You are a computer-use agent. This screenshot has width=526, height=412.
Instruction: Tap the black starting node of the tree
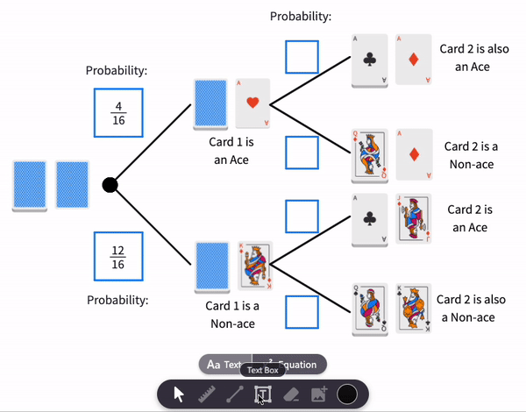coord(110,185)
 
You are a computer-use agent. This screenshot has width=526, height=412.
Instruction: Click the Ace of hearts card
coord(252,103)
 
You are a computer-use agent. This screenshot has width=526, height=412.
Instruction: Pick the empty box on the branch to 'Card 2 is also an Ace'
coord(302,58)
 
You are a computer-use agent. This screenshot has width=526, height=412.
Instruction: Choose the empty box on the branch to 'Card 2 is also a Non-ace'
coord(302,311)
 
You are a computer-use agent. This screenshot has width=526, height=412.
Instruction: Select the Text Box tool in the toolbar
coord(261,394)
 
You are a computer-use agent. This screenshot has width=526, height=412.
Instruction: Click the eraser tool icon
coord(291,394)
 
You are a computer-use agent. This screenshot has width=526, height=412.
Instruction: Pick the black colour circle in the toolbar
coord(347,394)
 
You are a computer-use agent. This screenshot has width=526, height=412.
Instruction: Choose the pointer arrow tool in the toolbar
coord(179,394)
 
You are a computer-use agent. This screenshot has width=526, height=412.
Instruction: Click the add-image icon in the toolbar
coord(319,394)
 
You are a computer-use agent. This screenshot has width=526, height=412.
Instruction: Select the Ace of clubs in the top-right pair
coord(370,60)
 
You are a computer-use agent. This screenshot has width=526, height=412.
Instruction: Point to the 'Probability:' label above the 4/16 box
coord(117,70)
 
